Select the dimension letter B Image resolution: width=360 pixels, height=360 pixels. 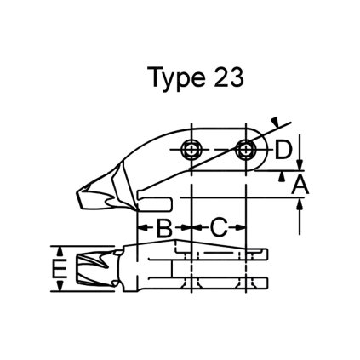(x=164, y=227)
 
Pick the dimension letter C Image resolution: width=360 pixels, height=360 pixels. (x=219, y=227)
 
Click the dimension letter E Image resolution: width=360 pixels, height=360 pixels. (x=58, y=270)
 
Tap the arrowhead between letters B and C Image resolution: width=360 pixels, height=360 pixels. (x=189, y=227)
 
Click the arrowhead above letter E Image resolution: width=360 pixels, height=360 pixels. (x=59, y=250)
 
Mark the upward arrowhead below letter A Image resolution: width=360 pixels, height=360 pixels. (x=300, y=202)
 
